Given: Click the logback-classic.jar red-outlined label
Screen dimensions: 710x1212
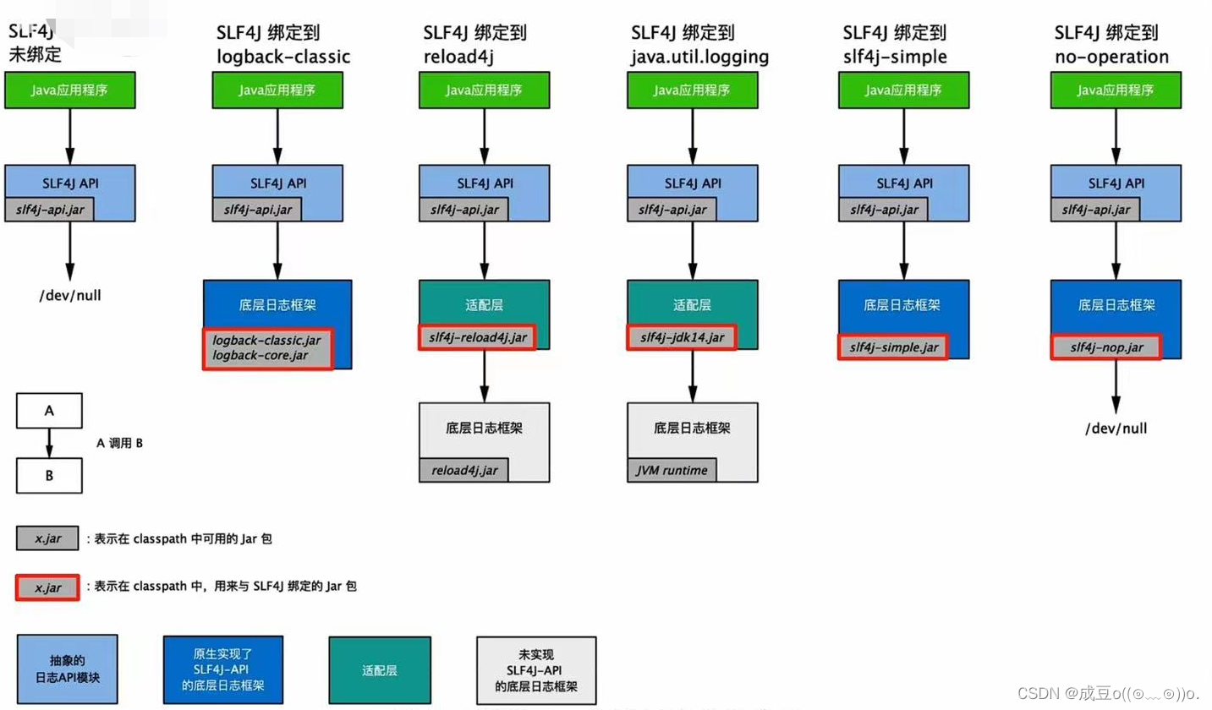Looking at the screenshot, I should click(268, 348).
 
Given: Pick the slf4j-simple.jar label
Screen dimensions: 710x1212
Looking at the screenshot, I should click(892, 347).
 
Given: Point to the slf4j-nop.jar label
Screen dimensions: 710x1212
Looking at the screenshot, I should click(1105, 347).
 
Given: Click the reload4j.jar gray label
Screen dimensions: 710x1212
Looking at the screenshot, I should click(464, 470).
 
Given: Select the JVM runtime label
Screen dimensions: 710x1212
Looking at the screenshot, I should click(672, 470).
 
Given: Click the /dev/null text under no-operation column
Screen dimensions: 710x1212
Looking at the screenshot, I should click(1116, 429).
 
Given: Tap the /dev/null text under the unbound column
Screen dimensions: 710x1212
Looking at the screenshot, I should click(70, 295).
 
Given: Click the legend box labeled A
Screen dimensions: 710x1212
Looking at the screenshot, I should click(49, 412).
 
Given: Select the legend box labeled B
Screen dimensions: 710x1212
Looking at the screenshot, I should click(49, 475).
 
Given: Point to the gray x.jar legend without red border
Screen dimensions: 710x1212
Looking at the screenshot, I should click(47, 538).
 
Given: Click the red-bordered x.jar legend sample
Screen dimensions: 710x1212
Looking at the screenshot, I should click(47, 587).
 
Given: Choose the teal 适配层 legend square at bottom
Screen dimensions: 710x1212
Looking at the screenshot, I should click(380, 670).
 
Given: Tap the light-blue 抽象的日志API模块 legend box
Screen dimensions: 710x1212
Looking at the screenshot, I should click(68, 670).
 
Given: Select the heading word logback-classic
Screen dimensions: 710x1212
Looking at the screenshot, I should click(282, 57).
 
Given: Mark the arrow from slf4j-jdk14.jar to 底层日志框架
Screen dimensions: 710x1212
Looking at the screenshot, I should click(692, 375).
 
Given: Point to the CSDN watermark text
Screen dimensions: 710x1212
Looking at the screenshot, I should click(1108, 693).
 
